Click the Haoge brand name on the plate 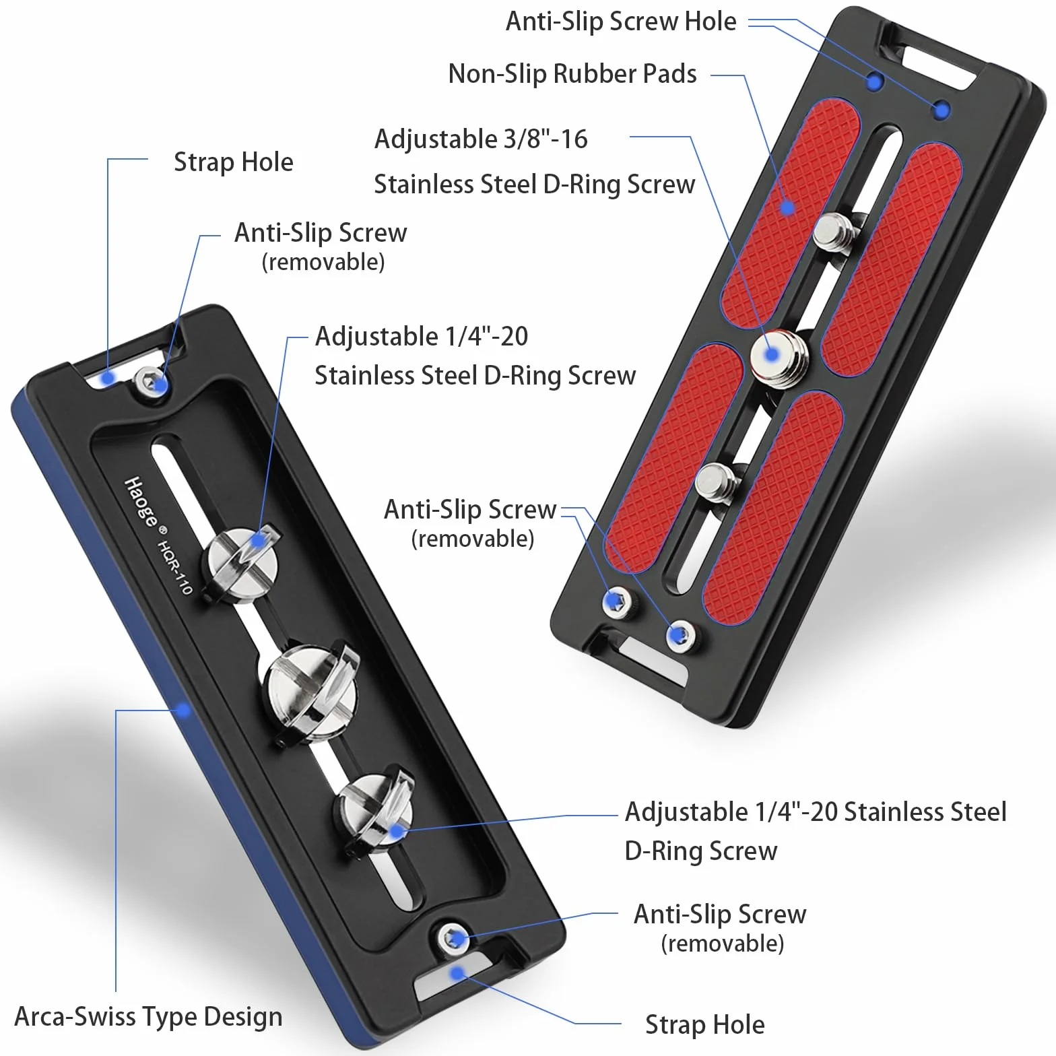coord(141,502)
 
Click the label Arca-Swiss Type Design coord(148,1016)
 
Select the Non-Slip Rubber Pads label coord(572,73)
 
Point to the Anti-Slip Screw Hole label coord(621,21)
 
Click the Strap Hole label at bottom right coord(704,1024)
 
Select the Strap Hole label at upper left coord(233,162)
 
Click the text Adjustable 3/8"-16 coord(481,139)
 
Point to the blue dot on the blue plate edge coord(182,710)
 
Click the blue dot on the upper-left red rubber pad coord(787,207)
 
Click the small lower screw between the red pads coord(717,482)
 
